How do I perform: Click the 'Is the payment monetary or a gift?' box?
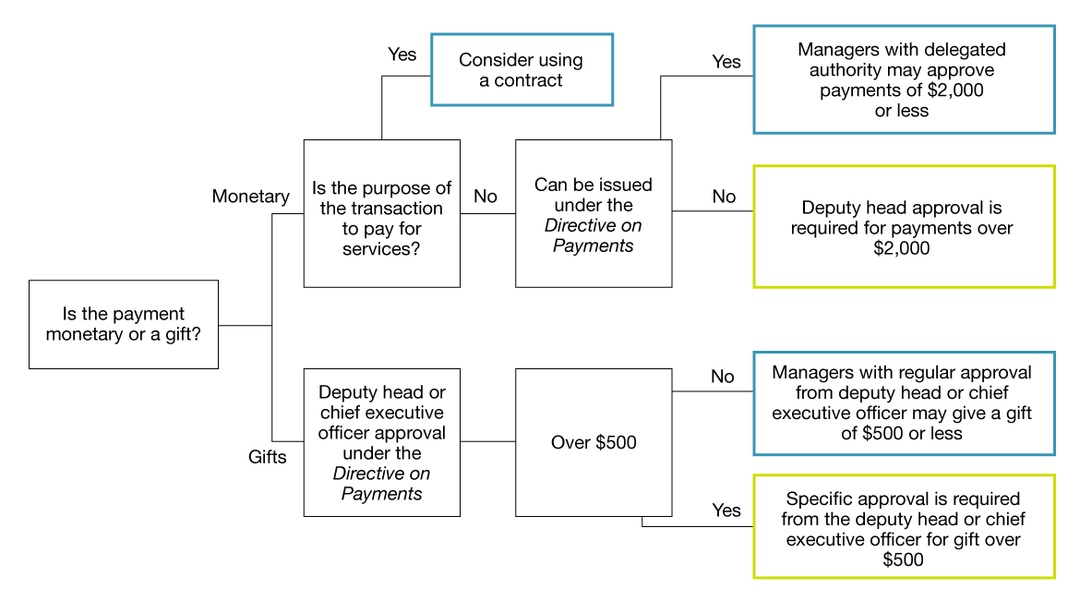point(124,324)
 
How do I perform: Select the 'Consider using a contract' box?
point(522,70)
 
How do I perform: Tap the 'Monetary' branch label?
point(250,197)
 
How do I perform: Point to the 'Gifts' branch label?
point(267,457)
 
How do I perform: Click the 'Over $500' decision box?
point(594,442)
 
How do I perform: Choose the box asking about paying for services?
point(381,213)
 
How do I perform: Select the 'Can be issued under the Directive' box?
point(594,214)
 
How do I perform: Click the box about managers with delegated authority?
point(903,80)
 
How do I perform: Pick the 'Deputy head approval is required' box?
point(903,228)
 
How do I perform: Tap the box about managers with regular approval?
point(903,402)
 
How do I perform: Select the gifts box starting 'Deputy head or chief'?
point(381,443)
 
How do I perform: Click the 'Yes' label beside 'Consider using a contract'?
point(402,54)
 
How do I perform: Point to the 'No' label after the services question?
point(485,197)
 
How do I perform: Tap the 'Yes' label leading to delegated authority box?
point(726,62)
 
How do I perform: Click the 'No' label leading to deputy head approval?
point(724,197)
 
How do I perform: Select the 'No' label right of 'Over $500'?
point(722,377)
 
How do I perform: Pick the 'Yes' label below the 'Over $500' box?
point(726,510)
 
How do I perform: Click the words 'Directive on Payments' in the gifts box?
point(381,484)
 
